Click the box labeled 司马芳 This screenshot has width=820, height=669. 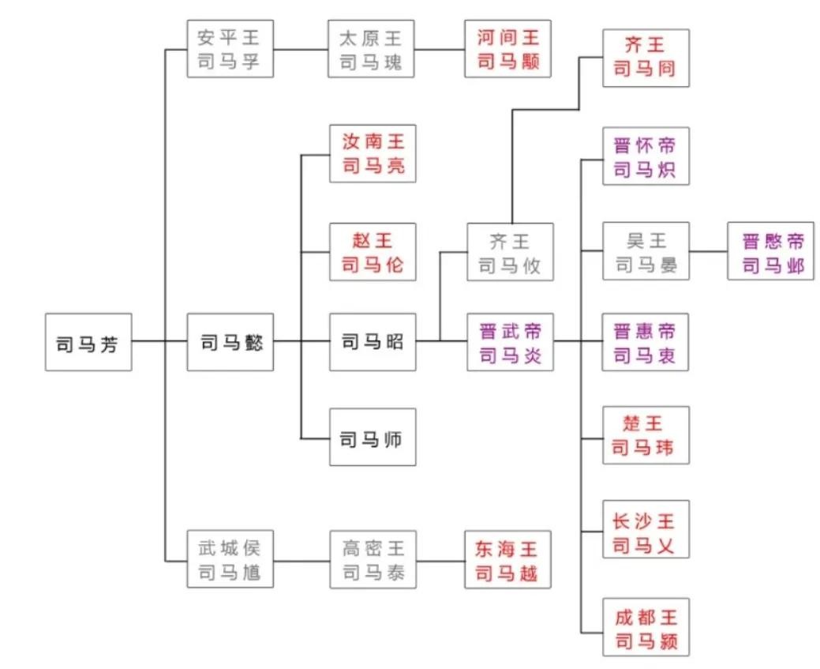click(x=88, y=342)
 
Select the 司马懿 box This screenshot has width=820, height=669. click(x=230, y=342)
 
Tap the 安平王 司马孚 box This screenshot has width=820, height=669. click(x=230, y=49)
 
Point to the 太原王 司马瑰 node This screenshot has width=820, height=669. click(x=372, y=49)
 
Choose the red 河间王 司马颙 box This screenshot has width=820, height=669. click(x=507, y=49)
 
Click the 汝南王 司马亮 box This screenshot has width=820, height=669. click(x=373, y=153)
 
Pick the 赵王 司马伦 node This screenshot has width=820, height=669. click(x=373, y=251)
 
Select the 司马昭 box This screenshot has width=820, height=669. click(x=373, y=342)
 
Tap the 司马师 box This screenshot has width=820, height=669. click(x=373, y=437)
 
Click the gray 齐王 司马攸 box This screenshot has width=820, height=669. click(x=510, y=252)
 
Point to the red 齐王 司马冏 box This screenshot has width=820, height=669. click(x=646, y=58)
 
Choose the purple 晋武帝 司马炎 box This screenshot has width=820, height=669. click(x=510, y=342)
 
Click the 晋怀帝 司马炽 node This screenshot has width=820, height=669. click(x=646, y=156)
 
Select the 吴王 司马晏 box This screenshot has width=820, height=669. click(x=646, y=251)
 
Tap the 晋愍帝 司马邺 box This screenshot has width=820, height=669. click(x=771, y=251)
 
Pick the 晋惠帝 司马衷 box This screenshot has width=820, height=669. click(x=646, y=342)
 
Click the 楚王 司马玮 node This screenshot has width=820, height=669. click(x=646, y=435)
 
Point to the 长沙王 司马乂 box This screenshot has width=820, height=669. click(x=646, y=529)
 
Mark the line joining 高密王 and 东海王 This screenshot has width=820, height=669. click(x=440, y=561)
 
